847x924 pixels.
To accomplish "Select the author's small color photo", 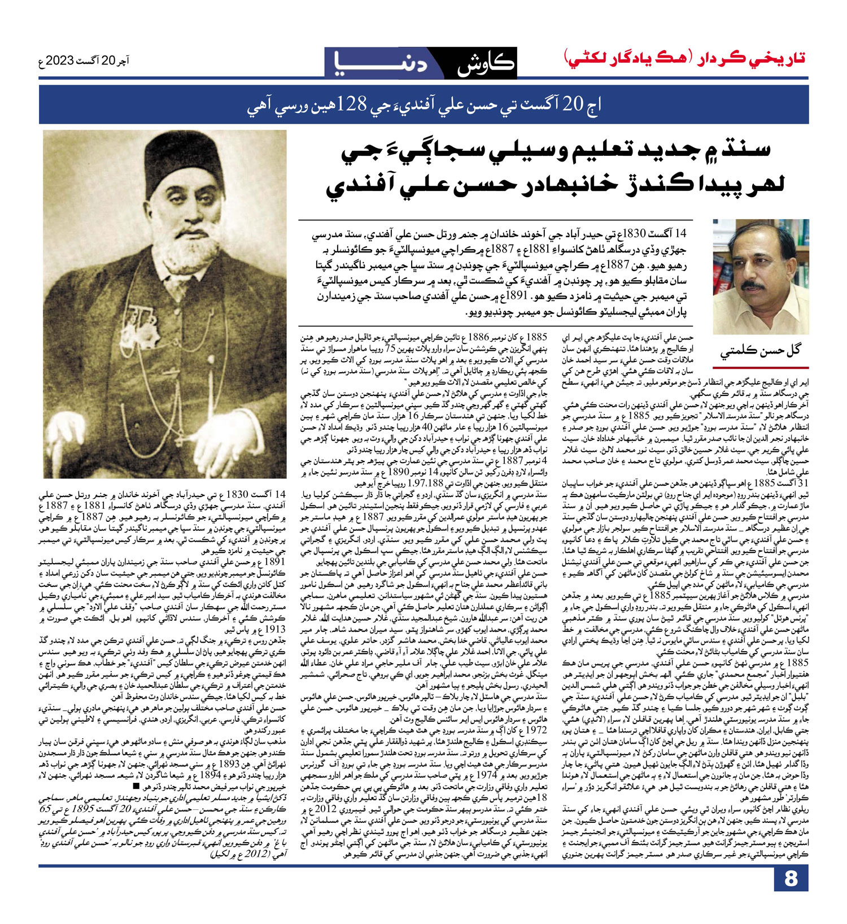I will pyautogui.click(x=761, y=276).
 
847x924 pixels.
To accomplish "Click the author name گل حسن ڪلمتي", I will pyautogui.click(x=761, y=351).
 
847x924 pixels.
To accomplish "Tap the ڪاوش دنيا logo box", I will pyautogui.click(x=420, y=62).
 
